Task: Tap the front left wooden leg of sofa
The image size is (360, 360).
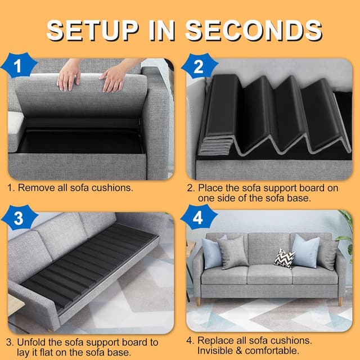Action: [198, 301]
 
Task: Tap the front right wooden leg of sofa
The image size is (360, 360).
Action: [340, 301]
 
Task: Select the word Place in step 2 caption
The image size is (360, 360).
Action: [210, 188]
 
